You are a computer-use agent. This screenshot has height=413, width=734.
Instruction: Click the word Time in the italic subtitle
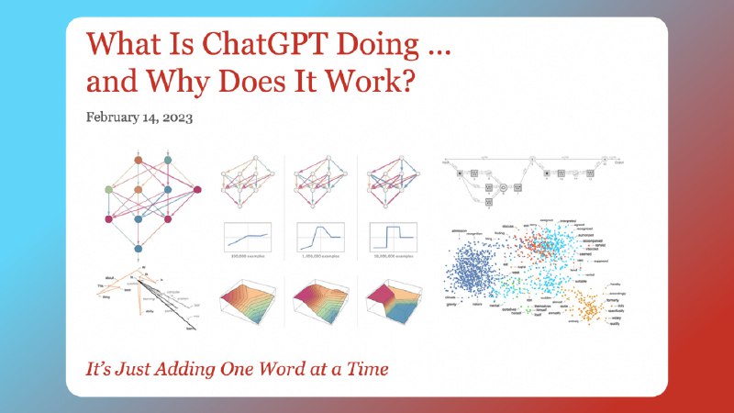click(364, 369)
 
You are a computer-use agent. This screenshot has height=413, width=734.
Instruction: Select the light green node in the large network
click(109, 190)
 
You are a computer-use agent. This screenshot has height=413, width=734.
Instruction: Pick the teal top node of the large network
click(167, 161)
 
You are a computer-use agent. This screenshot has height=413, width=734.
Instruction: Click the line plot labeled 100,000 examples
click(250, 236)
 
